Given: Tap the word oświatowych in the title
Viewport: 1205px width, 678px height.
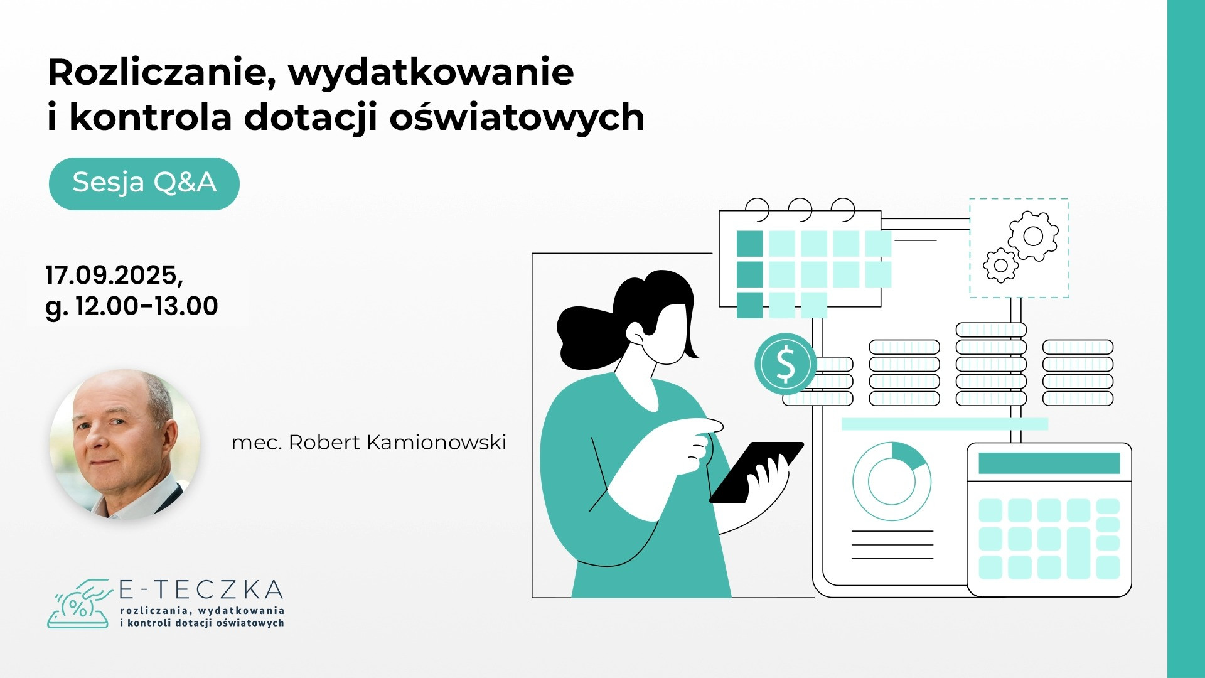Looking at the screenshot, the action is pyautogui.click(x=517, y=117).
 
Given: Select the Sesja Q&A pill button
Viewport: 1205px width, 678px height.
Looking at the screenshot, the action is pyautogui.click(x=144, y=183).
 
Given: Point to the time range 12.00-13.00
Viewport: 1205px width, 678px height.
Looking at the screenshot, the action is pyautogui.click(x=147, y=306).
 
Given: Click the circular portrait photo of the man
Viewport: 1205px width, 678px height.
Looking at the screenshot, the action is pyautogui.click(x=125, y=444).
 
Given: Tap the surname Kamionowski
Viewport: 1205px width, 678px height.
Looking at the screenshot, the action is pyautogui.click(x=436, y=443).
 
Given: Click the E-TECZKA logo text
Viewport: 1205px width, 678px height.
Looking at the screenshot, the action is pyautogui.click(x=201, y=590).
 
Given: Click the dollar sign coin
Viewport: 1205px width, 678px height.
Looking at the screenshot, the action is pyautogui.click(x=785, y=364).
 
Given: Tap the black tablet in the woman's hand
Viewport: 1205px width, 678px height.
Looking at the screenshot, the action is pyautogui.click(x=756, y=472).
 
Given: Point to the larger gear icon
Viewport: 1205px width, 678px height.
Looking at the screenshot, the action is pyautogui.click(x=1033, y=236).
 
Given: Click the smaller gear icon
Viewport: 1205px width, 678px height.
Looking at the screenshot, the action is pyautogui.click(x=1001, y=265).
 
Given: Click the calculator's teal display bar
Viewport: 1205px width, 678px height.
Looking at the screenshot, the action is pyautogui.click(x=1049, y=463).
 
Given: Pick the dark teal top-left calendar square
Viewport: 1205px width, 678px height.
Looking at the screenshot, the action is pyautogui.click(x=749, y=244).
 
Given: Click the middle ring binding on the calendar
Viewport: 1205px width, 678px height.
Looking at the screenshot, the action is pyautogui.click(x=800, y=209).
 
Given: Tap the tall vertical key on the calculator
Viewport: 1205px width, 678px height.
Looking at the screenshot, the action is pyautogui.click(x=1079, y=552).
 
